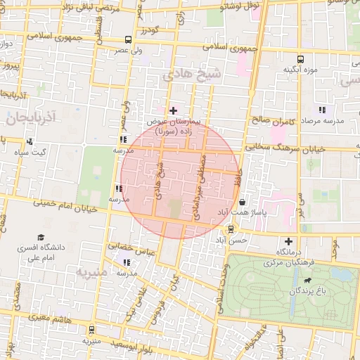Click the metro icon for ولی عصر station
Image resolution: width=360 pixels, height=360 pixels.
click(x=127, y=40)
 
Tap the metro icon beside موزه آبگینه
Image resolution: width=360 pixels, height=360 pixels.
click(x=301, y=59)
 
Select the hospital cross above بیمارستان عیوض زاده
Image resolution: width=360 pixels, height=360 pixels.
click(x=173, y=110)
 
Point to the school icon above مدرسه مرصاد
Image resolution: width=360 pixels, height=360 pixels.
click(x=322, y=110)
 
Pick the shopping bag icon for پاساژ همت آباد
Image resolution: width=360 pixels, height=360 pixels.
click(x=242, y=202)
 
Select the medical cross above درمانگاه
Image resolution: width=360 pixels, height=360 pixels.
click(x=288, y=241)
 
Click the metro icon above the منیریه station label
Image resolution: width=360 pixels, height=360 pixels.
click(x=91, y=330)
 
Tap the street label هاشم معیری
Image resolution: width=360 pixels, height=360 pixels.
click(x=44, y=318)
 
